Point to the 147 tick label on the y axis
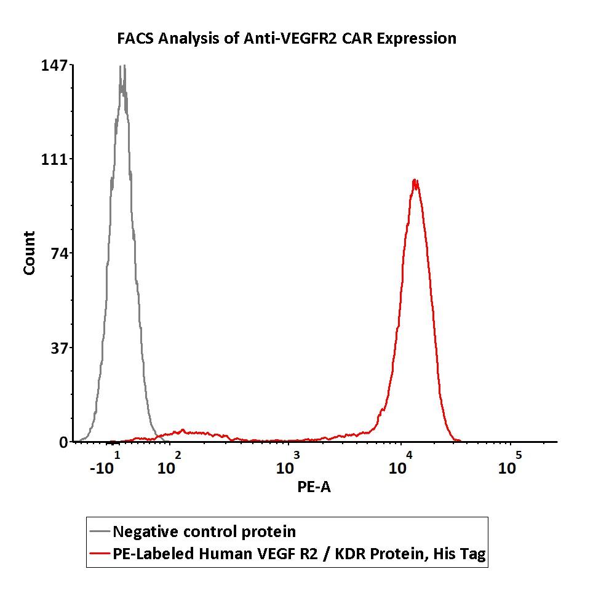[x=54, y=66]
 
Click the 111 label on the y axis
[x=54, y=160]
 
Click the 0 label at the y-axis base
[x=63, y=442]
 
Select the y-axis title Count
[x=29, y=253]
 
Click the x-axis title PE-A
[x=314, y=487]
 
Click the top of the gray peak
[x=123, y=66]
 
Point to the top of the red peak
[x=415, y=180]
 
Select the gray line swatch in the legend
[x=100, y=531]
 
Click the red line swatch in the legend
[x=100, y=554]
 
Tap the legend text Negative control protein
[x=204, y=531]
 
